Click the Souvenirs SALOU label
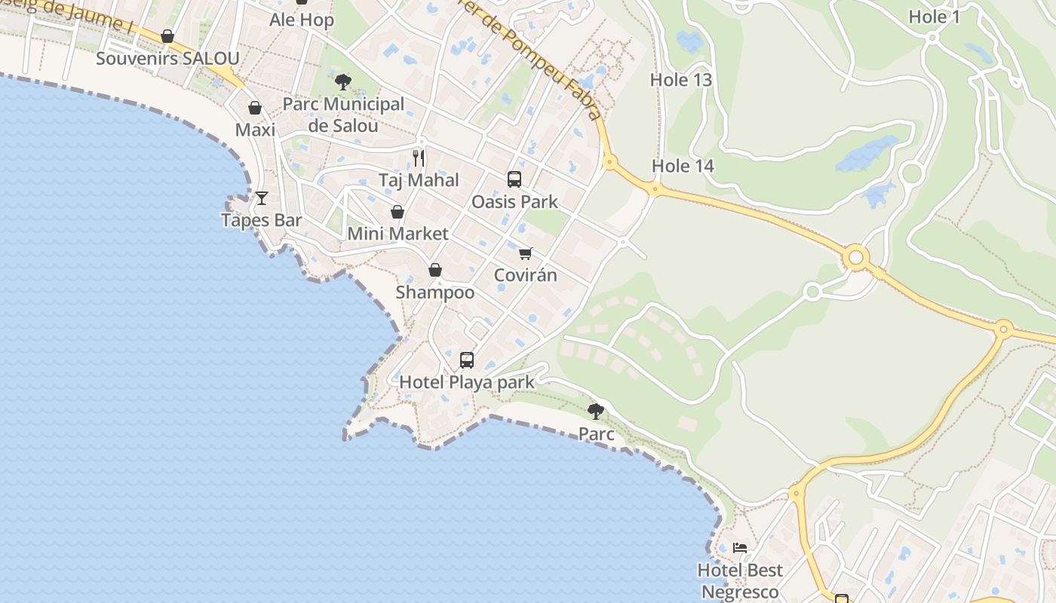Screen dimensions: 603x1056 coord(167,59)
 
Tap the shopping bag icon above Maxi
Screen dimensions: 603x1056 coord(255,108)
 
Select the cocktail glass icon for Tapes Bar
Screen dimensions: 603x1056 coord(261,198)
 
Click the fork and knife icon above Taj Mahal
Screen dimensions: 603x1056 coord(419,158)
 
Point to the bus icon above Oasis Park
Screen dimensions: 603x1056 coord(514,179)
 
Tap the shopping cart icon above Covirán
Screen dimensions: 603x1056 coord(526,253)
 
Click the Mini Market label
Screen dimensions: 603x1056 coord(398,234)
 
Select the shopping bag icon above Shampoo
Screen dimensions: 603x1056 coord(435,270)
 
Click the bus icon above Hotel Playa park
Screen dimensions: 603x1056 coord(467,360)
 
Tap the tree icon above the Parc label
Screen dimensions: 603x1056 coord(596,412)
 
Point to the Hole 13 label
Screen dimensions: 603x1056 coord(681,80)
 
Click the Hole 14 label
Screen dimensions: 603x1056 coord(683,166)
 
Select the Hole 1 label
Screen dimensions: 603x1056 coord(934,17)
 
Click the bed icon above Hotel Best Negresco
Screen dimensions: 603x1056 coord(740,548)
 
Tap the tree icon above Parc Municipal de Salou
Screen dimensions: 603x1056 coord(343,82)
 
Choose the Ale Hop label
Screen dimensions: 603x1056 coord(302,20)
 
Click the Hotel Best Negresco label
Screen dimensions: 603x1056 coord(740,580)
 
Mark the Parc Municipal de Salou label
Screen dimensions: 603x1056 coord(343,115)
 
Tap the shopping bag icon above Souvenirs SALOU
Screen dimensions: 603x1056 coord(167,36)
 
